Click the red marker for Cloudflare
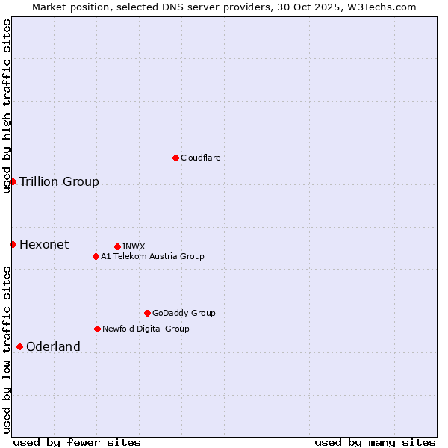(x=175, y=158)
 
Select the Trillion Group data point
(x=13, y=181)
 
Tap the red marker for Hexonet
(x=13, y=244)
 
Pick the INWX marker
(x=117, y=246)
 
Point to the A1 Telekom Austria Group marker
(x=96, y=256)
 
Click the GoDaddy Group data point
(x=147, y=313)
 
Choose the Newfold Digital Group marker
(x=97, y=329)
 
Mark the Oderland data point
(x=19, y=346)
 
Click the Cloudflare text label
(x=200, y=158)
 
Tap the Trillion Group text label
(x=59, y=181)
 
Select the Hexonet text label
(x=44, y=244)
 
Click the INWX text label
(x=134, y=246)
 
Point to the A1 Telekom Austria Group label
(x=152, y=256)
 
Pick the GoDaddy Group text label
(x=184, y=313)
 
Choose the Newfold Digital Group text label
(x=146, y=329)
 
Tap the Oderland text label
(x=53, y=346)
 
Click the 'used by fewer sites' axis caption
(x=77, y=442)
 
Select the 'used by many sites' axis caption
(x=375, y=442)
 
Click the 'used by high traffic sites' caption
(x=7, y=106)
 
